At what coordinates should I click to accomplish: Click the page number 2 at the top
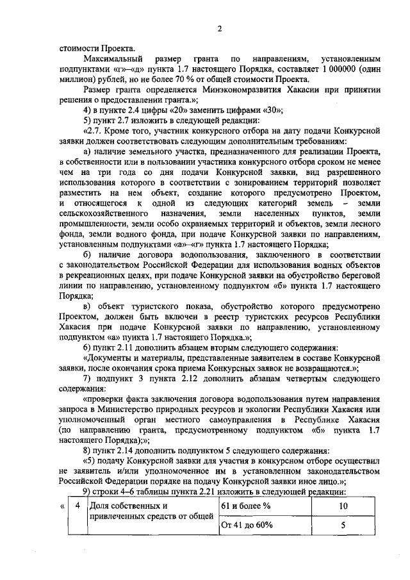[x=218, y=28]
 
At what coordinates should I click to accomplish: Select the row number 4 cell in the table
[x=77, y=506]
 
